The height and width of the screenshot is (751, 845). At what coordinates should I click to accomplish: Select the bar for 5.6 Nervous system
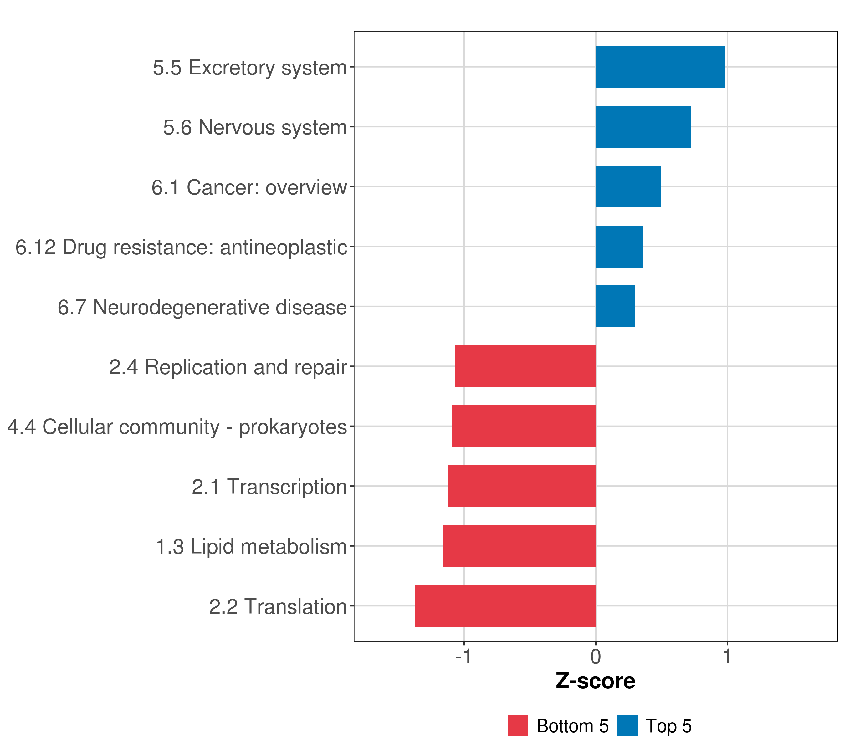(643, 127)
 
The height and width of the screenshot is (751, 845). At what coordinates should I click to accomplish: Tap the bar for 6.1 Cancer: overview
(628, 187)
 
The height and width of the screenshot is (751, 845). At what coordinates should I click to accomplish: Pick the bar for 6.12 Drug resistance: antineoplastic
(619, 247)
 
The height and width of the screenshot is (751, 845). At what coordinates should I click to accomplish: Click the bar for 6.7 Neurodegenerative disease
(615, 307)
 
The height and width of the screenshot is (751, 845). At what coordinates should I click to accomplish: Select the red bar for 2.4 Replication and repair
(525, 366)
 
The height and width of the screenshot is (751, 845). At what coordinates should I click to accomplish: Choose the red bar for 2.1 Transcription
(521, 486)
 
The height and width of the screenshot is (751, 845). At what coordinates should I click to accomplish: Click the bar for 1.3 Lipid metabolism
(519, 546)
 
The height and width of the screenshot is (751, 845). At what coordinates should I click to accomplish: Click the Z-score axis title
(595, 681)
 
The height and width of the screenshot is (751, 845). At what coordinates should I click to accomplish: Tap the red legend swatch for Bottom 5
(518, 726)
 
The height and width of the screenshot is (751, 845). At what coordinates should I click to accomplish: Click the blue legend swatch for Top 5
(627, 726)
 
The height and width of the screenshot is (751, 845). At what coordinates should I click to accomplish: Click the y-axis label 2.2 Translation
(278, 607)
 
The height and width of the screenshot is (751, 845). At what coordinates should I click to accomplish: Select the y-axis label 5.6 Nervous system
(255, 127)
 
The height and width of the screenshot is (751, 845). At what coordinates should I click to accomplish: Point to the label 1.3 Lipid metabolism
(251, 547)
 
